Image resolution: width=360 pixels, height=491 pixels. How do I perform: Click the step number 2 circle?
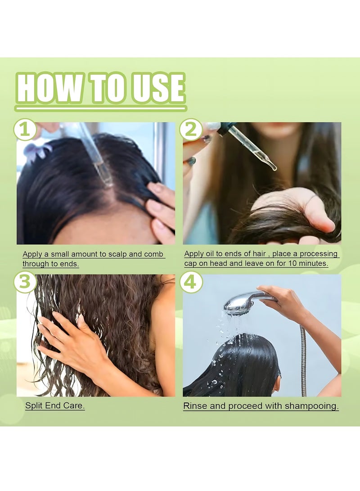coord(191,129)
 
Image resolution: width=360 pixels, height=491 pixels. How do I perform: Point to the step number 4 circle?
coord(191,281)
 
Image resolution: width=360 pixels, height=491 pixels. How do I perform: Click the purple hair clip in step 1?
coord(39,150)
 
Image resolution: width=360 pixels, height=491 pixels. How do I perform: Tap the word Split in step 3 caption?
coord(34,406)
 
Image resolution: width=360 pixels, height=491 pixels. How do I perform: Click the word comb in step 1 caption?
coord(153,254)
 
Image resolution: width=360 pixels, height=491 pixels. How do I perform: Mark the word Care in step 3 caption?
coord(73,406)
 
